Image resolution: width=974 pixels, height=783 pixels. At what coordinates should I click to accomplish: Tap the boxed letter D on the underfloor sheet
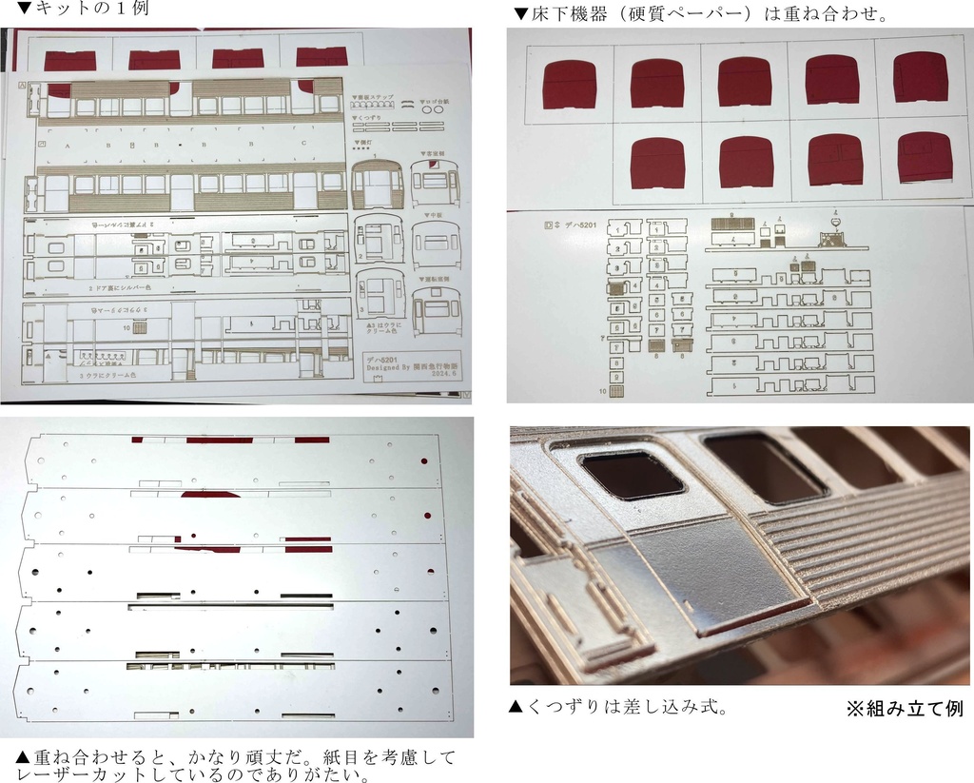click(547, 225)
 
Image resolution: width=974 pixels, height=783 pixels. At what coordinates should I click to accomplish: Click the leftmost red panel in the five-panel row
click(569, 85)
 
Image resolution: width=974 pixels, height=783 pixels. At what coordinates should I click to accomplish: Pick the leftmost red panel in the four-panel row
click(656, 163)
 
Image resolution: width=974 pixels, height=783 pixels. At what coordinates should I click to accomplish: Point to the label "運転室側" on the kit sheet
click(438, 281)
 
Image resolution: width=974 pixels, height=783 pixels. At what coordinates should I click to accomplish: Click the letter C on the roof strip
click(302, 145)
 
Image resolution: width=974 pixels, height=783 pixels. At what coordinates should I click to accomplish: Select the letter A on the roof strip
click(68, 146)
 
